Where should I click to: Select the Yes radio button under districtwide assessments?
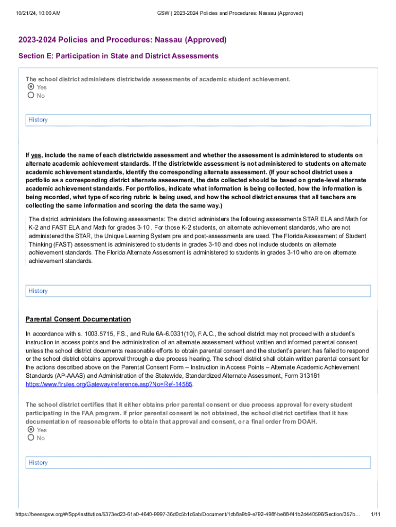pos(31,87)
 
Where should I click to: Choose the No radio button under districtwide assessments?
pos(31,95)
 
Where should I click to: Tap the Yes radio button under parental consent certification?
pos(31,430)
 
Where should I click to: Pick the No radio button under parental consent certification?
pos(31,438)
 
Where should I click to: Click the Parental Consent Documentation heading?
pos(78,319)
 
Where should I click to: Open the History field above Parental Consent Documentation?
pos(198,291)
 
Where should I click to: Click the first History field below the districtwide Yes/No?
pos(198,120)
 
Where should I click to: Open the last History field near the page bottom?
pos(198,463)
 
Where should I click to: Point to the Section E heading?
pos(118,56)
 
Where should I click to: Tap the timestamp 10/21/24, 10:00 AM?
pos(34,12)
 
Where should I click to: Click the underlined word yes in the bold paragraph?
pos(36,155)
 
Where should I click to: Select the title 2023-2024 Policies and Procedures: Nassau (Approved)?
pos(122,40)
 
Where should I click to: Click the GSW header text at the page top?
pos(230,12)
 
